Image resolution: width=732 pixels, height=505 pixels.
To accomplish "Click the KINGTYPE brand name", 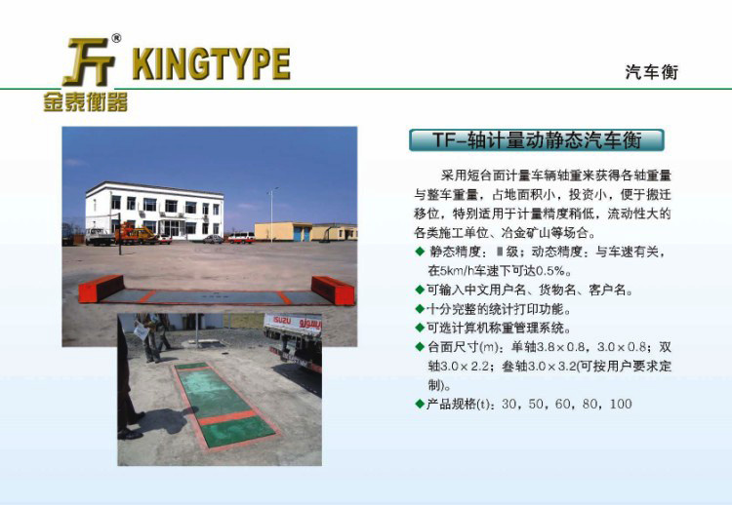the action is click(211, 63).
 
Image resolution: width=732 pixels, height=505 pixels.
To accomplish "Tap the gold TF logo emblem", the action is click(89, 62).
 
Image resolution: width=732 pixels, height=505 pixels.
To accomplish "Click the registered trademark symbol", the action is click(116, 38).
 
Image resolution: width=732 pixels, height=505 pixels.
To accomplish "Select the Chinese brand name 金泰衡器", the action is click(86, 101).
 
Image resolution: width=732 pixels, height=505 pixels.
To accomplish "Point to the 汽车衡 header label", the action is click(651, 72).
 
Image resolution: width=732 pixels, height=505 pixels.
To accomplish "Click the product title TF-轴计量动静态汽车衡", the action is click(537, 139).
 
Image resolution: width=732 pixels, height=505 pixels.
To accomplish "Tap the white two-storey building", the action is click(154, 212).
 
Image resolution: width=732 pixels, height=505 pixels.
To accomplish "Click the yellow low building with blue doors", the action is click(305, 232).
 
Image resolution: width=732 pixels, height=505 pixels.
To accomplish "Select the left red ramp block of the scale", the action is click(102, 289).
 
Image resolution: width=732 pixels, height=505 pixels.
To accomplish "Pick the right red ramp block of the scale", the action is click(333, 291).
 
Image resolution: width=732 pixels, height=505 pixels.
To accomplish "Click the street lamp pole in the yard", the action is click(271, 214).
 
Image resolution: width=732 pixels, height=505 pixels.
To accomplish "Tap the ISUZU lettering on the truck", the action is click(282, 321).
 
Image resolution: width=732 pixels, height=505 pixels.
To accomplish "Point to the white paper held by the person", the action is click(142, 331).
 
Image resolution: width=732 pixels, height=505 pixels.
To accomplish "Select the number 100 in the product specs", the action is click(621, 404).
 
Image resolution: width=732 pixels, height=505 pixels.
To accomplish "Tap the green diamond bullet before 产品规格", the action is click(420, 404).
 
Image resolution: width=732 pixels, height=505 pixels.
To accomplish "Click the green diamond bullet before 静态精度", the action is click(420, 252).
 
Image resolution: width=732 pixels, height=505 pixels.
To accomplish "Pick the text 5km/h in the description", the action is click(457, 271).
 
